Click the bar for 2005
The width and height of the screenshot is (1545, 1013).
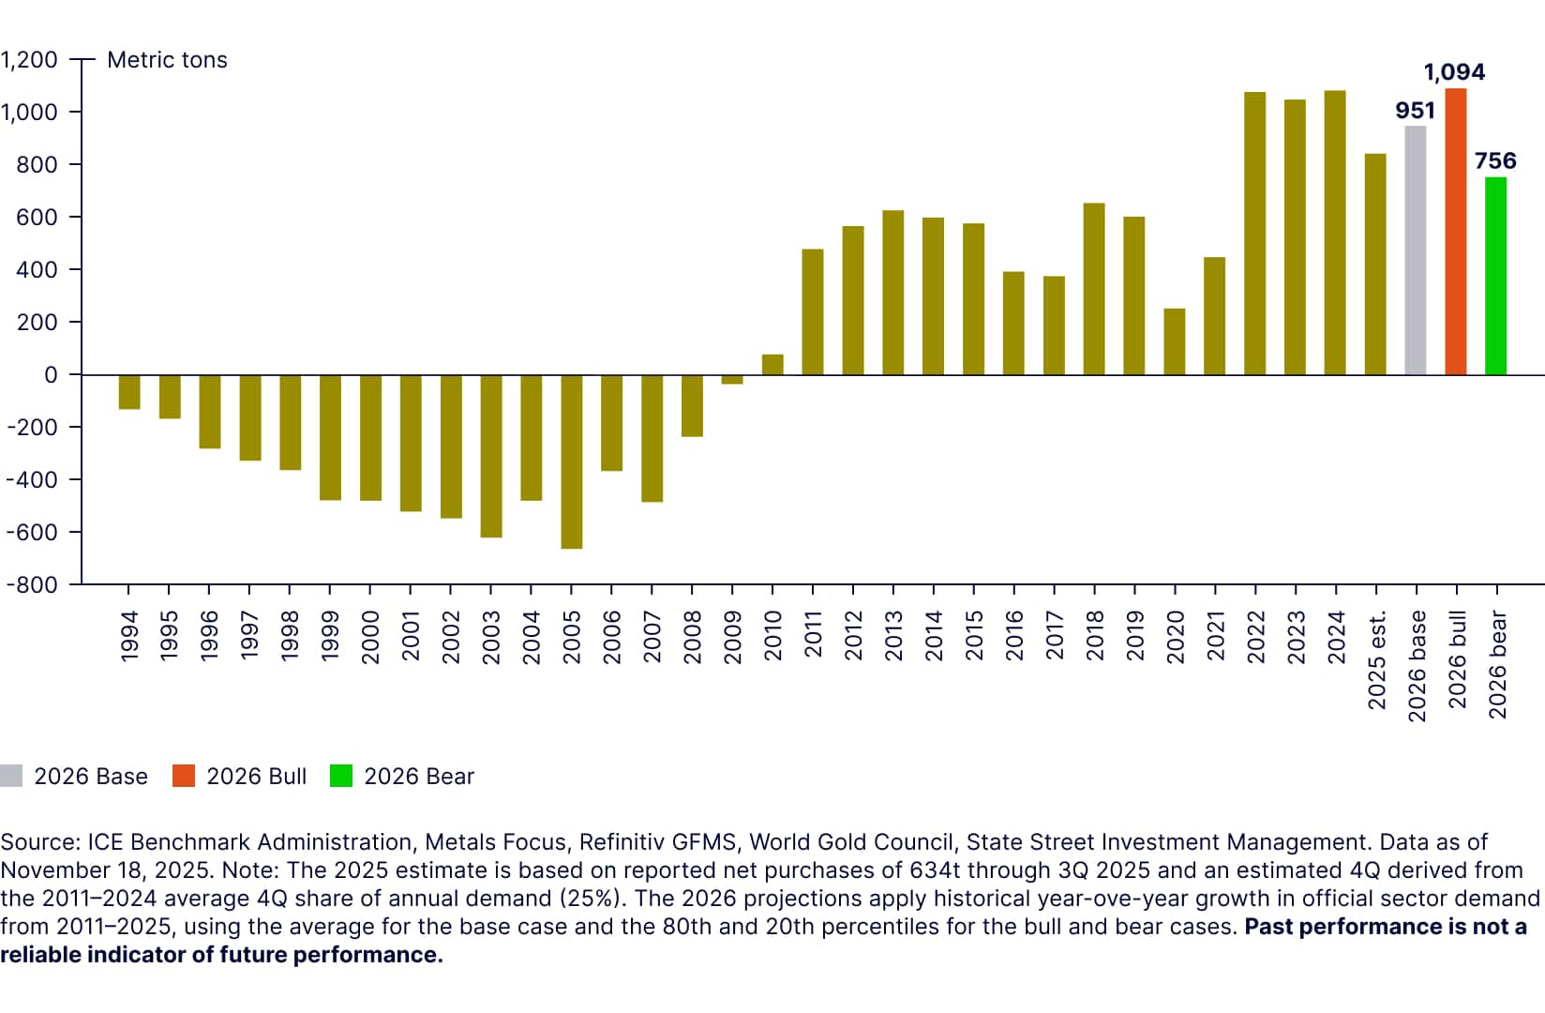pyautogui.click(x=572, y=461)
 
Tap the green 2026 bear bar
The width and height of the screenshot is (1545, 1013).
pyautogui.click(x=1496, y=276)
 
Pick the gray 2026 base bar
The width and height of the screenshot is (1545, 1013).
pyautogui.click(x=1416, y=250)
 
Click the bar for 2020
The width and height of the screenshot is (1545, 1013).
pyautogui.click(x=1175, y=341)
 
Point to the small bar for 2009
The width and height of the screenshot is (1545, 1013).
pyautogui.click(x=732, y=380)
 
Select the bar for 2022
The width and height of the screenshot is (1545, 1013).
pyautogui.click(x=1255, y=234)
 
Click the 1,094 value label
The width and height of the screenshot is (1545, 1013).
pyautogui.click(x=1454, y=72)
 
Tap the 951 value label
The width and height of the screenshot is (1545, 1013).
pyautogui.click(x=1415, y=111)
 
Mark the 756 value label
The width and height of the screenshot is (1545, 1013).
pyautogui.click(x=1495, y=161)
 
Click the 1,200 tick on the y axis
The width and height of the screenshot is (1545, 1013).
pyautogui.click(x=29, y=60)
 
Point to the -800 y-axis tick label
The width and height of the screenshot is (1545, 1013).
pyautogui.click(x=32, y=584)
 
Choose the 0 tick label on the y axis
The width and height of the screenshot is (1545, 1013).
pyautogui.click(x=51, y=375)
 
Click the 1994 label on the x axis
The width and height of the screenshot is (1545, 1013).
pyautogui.click(x=129, y=637)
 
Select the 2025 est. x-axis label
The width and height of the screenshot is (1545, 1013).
pyautogui.click(x=1376, y=660)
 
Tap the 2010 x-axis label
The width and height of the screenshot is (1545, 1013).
pyautogui.click(x=772, y=637)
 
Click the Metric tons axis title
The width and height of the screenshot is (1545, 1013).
pyautogui.click(x=167, y=60)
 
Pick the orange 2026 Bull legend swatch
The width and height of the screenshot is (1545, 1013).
pyautogui.click(x=184, y=777)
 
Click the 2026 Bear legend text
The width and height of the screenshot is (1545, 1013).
pyautogui.click(x=419, y=777)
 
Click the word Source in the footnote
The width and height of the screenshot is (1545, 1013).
pyautogui.click(x=39, y=842)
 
